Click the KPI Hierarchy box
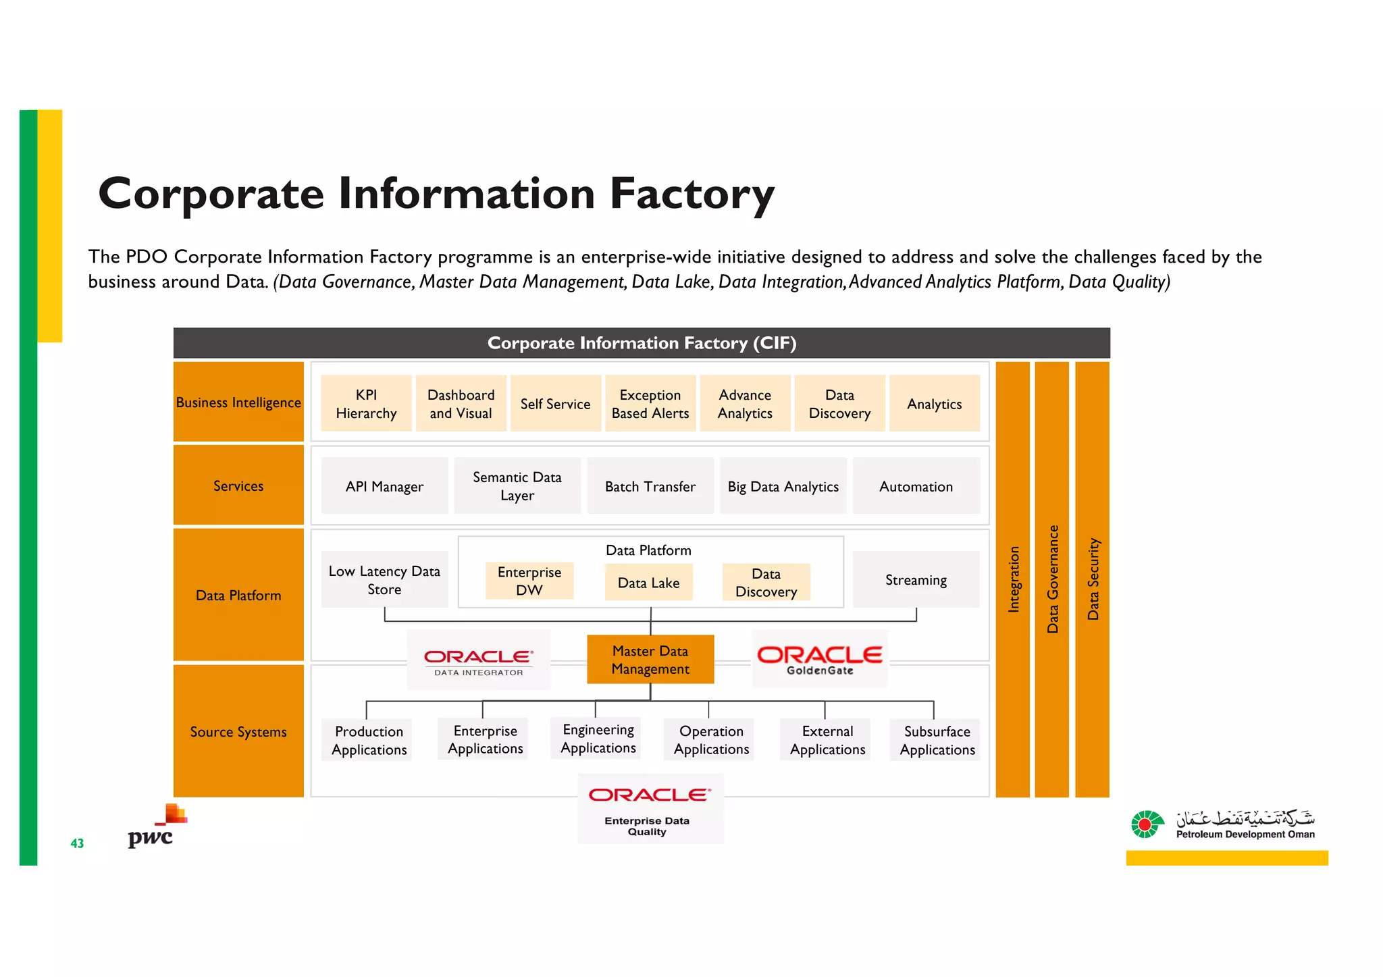(366, 404)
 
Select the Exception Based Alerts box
(650, 404)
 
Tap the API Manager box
(384, 486)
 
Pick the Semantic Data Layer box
(517, 486)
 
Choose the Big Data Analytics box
(783, 486)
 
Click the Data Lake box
(648, 583)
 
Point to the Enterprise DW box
(529, 581)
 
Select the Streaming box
(916, 580)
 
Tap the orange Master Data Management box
(650, 660)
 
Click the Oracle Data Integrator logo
(479, 660)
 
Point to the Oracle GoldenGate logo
(819, 659)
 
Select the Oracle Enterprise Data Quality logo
(648, 808)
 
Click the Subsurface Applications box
(937, 741)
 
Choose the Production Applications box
(369, 741)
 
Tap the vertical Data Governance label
(1052, 579)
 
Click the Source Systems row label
(238, 732)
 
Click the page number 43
(77, 843)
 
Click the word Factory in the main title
(691, 194)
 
